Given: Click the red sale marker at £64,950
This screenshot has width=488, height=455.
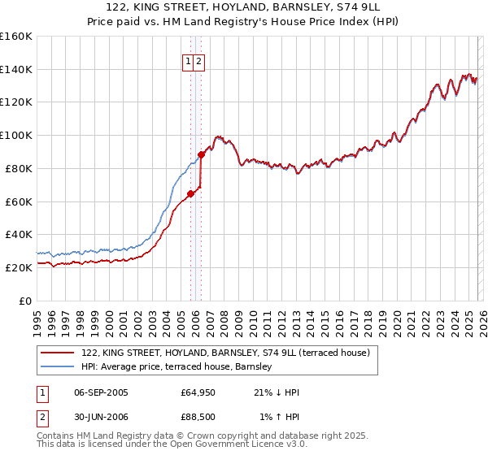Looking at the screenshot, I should coord(190,193).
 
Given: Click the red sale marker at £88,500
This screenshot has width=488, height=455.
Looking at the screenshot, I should coord(202,154).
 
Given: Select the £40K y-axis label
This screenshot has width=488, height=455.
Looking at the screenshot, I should coord(19,234).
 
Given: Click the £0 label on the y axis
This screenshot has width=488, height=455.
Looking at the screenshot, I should coord(26,301).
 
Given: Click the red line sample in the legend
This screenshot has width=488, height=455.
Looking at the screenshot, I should coord(58,353).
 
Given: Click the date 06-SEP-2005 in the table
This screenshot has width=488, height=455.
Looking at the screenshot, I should coord(101,392).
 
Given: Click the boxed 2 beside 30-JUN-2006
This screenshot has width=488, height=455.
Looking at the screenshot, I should coord(41,418).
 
